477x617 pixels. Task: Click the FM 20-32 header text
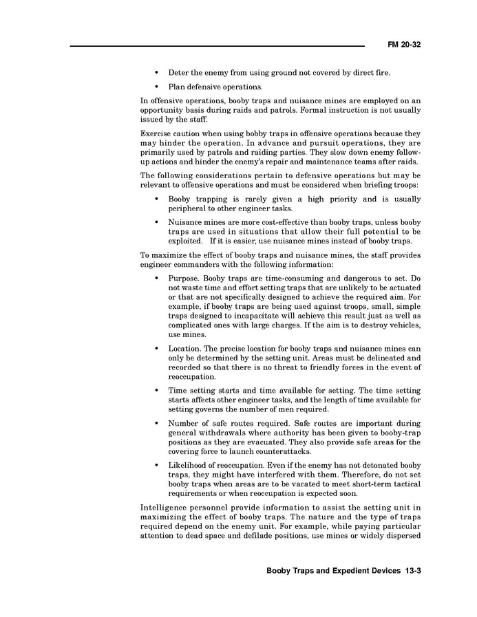point(404,45)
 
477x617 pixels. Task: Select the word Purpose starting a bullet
point(184,279)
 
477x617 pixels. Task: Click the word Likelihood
point(190,466)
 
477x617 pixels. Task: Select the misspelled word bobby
point(251,133)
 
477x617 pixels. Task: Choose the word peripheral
point(189,208)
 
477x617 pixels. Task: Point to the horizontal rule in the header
point(217,47)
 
